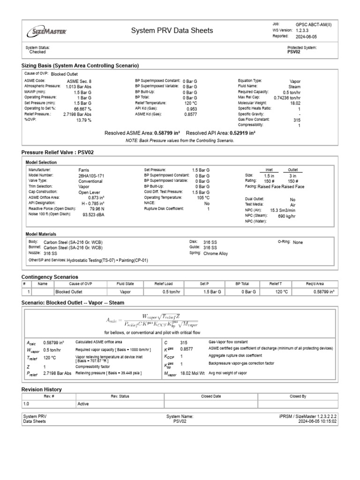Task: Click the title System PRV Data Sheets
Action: [x=172, y=30]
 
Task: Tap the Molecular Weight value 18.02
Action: [x=294, y=103]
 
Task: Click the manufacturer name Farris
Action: [x=84, y=170]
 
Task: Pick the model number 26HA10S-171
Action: [x=91, y=175]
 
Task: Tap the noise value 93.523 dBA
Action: [x=93, y=214]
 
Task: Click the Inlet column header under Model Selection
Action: [x=269, y=170]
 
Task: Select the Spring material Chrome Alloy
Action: [x=216, y=253]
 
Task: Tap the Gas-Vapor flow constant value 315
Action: [x=184, y=342]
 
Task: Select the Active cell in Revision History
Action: [x=83, y=404]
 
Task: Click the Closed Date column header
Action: [x=210, y=396]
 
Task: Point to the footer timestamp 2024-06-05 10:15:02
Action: [x=317, y=421]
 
